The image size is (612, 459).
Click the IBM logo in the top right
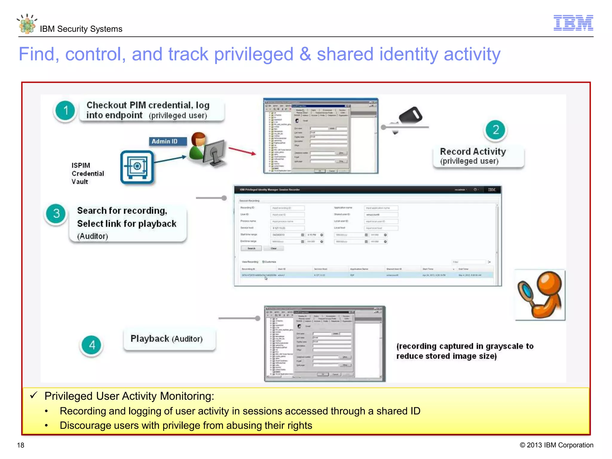(x=573, y=23)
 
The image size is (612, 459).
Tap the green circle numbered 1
(x=65, y=111)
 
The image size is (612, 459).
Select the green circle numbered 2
(x=495, y=130)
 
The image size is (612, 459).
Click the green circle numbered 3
(x=56, y=213)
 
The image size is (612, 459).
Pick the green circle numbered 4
(x=92, y=345)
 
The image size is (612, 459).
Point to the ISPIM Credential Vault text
(x=87, y=173)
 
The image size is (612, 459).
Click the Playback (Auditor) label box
(x=169, y=339)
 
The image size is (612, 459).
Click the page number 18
(x=21, y=445)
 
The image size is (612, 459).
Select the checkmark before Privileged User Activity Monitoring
(x=33, y=395)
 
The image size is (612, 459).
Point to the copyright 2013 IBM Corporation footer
(x=556, y=445)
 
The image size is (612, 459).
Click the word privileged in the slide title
(x=253, y=54)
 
